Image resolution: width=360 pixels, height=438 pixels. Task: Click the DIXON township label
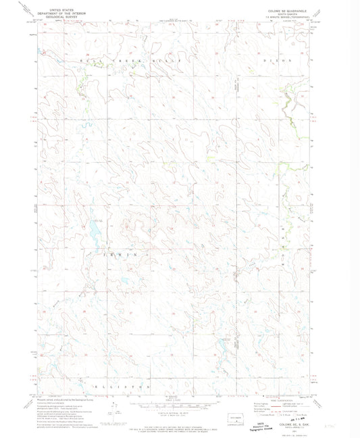(x=282, y=60)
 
